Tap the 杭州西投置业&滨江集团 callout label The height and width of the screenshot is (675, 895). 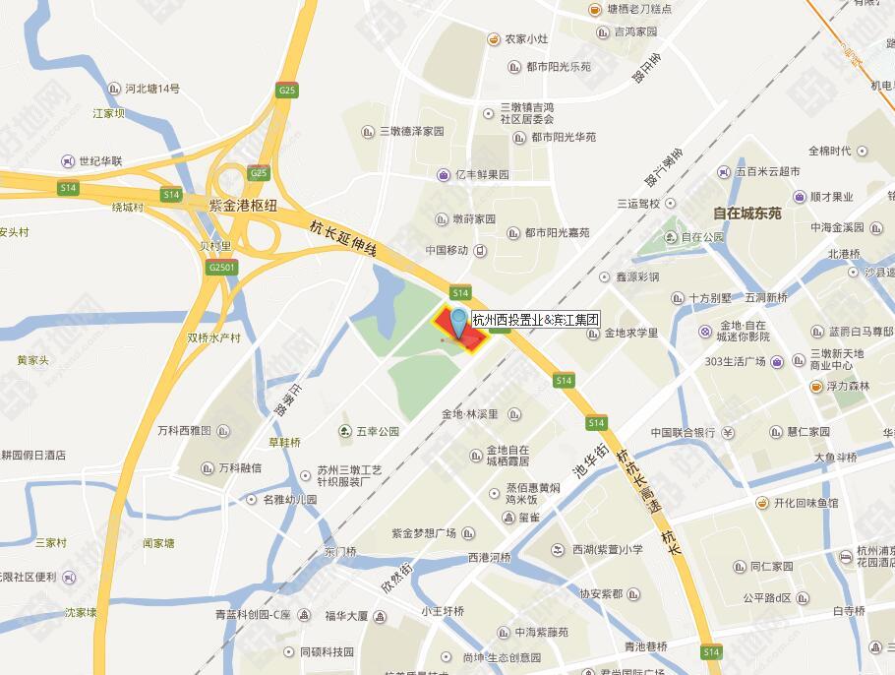pos(535,319)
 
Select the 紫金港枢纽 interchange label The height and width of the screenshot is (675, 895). pos(244,205)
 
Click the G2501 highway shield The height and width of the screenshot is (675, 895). pos(222,267)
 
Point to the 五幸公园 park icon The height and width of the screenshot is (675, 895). pos(345,431)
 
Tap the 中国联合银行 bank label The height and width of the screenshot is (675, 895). pos(683,432)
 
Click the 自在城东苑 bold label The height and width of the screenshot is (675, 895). pos(746,213)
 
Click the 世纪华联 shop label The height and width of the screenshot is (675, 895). pos(100,160)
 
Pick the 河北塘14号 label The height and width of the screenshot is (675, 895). pos(152,89)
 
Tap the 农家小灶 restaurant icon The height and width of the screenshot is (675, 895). pos(493,39)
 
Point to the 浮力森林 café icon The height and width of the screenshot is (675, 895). pos(815,386)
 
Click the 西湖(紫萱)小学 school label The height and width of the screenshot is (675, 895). pos(608,549)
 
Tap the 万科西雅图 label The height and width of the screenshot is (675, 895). pos(184,431)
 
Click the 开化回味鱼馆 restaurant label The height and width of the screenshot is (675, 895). pos(805,503)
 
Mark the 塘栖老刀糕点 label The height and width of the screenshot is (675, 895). pos(639,9)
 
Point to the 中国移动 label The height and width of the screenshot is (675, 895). pos(447,250)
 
